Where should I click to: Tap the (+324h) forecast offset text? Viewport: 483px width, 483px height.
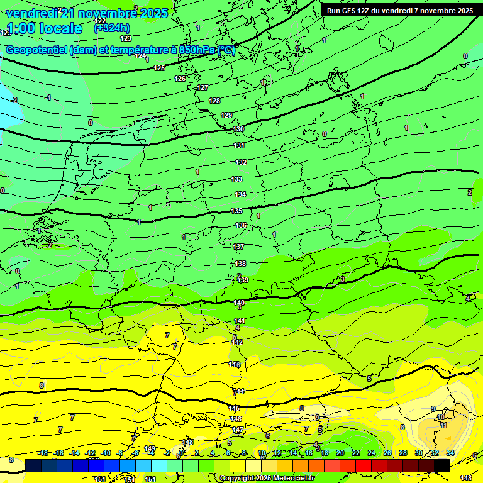click(112, 28)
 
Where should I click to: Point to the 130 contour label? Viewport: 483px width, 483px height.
click(239, 129)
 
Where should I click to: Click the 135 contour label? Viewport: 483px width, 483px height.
click(236, 211)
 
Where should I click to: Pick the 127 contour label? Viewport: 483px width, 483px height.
click(203, 87)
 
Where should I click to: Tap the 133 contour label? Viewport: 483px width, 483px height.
click(236, 179)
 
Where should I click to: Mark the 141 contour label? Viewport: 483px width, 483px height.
click(240, 321)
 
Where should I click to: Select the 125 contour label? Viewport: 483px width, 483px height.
click(160, 68)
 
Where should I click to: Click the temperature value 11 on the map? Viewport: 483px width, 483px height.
click(443, 425)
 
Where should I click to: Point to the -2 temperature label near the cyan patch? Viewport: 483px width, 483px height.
click(14, 100)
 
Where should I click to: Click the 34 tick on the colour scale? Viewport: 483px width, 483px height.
click(450, 453)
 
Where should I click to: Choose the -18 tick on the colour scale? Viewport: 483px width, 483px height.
click(43, 453)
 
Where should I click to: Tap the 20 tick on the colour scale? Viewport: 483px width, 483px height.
click(340, 453)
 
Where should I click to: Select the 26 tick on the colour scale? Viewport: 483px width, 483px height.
click(387, 453)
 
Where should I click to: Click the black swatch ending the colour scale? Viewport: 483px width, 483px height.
click(441, 465)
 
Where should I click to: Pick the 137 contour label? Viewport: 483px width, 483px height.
click(238, 247)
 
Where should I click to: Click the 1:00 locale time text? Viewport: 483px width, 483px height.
click(44, 28)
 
